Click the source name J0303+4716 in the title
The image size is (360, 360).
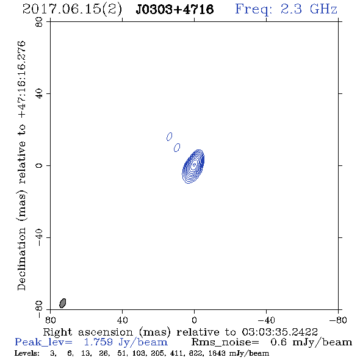(175, 9)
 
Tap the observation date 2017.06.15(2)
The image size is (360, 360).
(72, 10)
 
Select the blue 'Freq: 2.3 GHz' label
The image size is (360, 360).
(286, 10)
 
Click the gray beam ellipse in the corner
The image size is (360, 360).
(63, 303)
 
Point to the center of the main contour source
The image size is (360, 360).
(194, 164)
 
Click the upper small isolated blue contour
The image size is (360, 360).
(170, 137)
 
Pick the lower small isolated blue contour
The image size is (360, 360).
(177, 148)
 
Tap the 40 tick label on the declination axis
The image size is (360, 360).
(39, 94)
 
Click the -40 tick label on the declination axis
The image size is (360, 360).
(39, 237)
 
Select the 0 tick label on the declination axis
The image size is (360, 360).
(39, 165)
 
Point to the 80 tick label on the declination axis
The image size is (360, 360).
(39, 22)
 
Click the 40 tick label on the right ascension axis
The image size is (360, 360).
(122, 320)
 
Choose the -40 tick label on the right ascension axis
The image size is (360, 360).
(266, 320)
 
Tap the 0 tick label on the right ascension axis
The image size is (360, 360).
(194, 320)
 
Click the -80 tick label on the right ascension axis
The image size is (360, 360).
(338, 320)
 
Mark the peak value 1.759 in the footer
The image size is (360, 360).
(98, 342)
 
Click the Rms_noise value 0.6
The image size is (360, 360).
(278, 342)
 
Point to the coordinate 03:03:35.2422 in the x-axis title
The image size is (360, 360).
(279, 332)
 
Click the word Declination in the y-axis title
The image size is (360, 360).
(21, 259)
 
